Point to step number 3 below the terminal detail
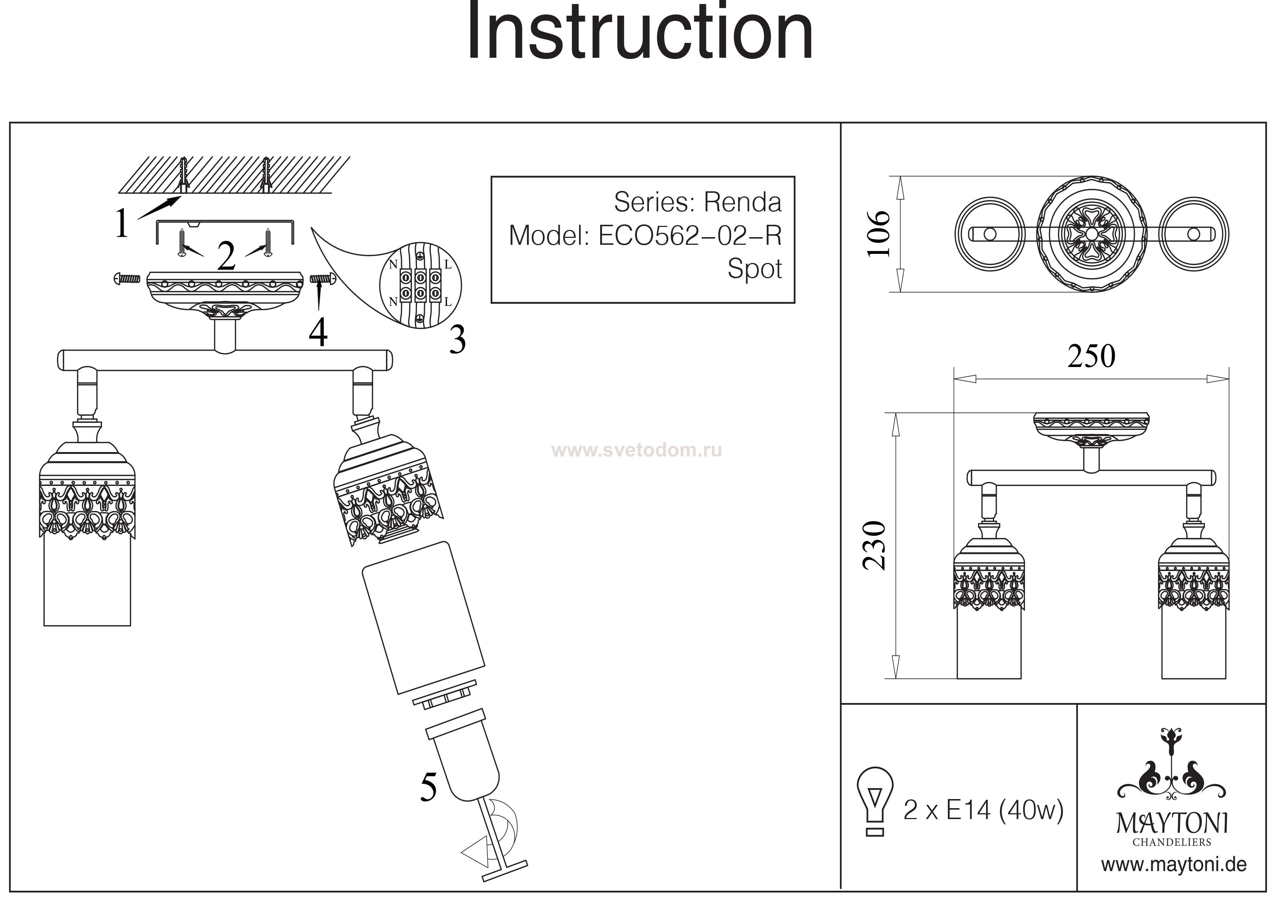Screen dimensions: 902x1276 tap(457, 340)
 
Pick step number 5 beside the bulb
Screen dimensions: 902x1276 tap(428, 787)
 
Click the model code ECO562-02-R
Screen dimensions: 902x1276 tap(689, 236)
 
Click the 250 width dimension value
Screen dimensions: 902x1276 tap(1091, 357)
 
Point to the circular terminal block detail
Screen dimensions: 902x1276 tap(420, 284)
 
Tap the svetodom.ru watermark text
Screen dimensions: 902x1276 tap(636, 450)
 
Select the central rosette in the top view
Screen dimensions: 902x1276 tap(1092, 234)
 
